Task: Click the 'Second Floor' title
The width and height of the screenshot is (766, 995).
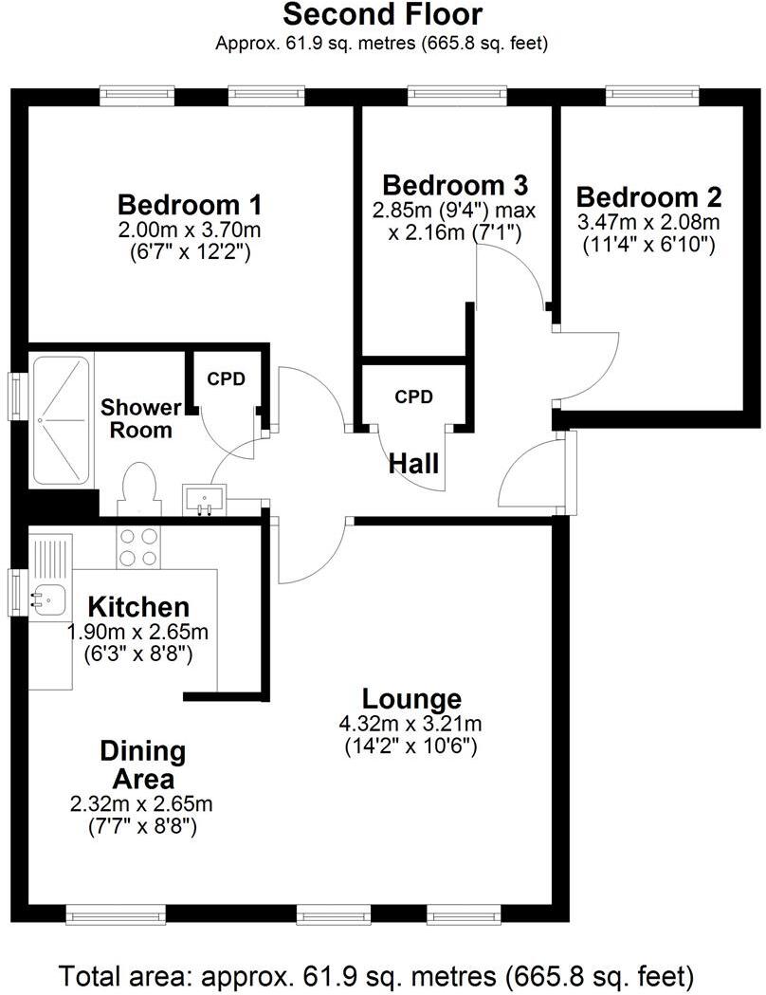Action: coord(382,15)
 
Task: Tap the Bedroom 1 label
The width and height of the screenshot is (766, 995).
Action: coord(190,204)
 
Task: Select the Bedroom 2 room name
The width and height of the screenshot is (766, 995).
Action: coord(649,197)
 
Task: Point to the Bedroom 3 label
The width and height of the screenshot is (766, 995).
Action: coord(454,184)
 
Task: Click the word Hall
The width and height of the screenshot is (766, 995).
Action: coord(414,464)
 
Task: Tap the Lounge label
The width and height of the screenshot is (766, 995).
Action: coord(412,699)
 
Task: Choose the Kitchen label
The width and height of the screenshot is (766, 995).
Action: coord(138,607)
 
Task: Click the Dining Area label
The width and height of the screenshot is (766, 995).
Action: coord(142,765)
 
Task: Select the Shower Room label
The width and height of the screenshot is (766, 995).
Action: coord(141,418)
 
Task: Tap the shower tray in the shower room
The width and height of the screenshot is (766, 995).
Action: coord(62,419)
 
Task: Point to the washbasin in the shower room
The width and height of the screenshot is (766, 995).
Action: coord(206,498)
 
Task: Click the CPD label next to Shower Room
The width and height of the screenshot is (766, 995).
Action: coord(227,379)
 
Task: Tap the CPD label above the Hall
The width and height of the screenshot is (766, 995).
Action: coord(413,396)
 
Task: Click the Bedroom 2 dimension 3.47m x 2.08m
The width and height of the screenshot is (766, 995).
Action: coord(649,223)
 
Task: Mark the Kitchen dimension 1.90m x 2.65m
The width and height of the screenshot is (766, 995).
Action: coord(138,632)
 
